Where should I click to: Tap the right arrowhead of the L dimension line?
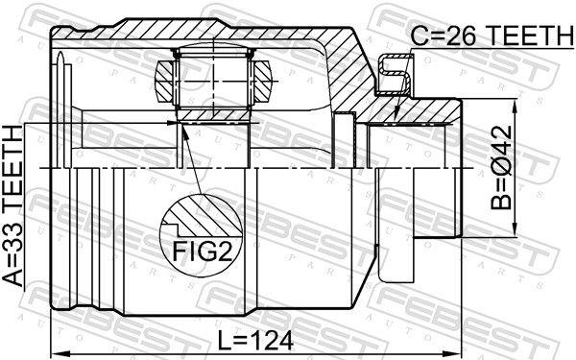[458, 348]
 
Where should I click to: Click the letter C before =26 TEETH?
[419, 36]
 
